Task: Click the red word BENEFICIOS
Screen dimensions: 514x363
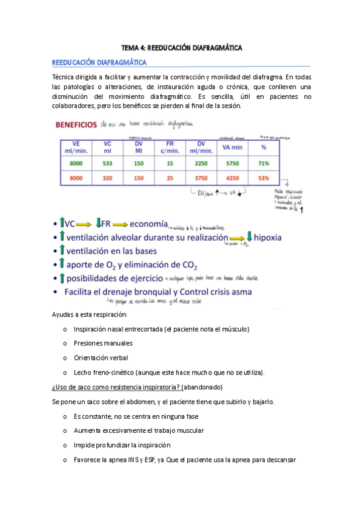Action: (x=76, y=125)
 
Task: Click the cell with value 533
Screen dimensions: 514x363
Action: (x=108, y=164)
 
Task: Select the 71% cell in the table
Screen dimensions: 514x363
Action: (x=263, y=164)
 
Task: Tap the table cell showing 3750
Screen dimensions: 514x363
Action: (x=200, y=179)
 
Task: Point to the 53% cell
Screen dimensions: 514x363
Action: (x=263, y=179)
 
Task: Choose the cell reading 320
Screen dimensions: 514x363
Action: (x=108, y=179)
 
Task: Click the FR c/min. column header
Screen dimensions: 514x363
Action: (x=170, y=147)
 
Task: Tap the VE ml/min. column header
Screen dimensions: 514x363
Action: (x=75, y=147)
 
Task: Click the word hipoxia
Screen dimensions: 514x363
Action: (x=273, y=237)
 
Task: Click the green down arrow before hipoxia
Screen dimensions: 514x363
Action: (x=248, y=236)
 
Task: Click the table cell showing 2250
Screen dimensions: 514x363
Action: (x=200, y=164)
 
